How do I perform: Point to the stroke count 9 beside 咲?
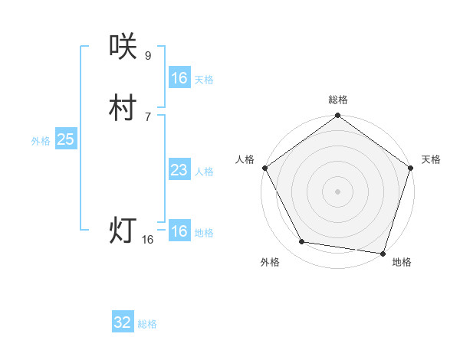[x=148, y=55]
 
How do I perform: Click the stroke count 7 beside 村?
[x=148, y=116]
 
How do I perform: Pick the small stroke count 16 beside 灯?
[x=148, y=240]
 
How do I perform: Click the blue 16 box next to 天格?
[x=179, y=78]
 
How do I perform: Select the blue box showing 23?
[x=179, y=170]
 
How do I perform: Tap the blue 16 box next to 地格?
[x=179, y=231]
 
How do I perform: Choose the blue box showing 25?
[x=66, y=139]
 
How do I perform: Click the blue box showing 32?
[x=123, y=322]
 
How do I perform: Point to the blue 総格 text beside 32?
[x=147, y=324]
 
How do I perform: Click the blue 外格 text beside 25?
[x=41, y=141]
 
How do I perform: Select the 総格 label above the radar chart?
[x=337, y=100]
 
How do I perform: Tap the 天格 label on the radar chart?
[x=432, y=159]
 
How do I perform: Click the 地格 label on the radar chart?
[x=402, y=262]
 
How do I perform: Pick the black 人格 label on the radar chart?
[x=245, y=159]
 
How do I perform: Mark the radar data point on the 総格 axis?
[x=337, y=116]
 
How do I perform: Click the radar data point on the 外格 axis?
[x=302, y=242]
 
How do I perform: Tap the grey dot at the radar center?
[x=337, y=191]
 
